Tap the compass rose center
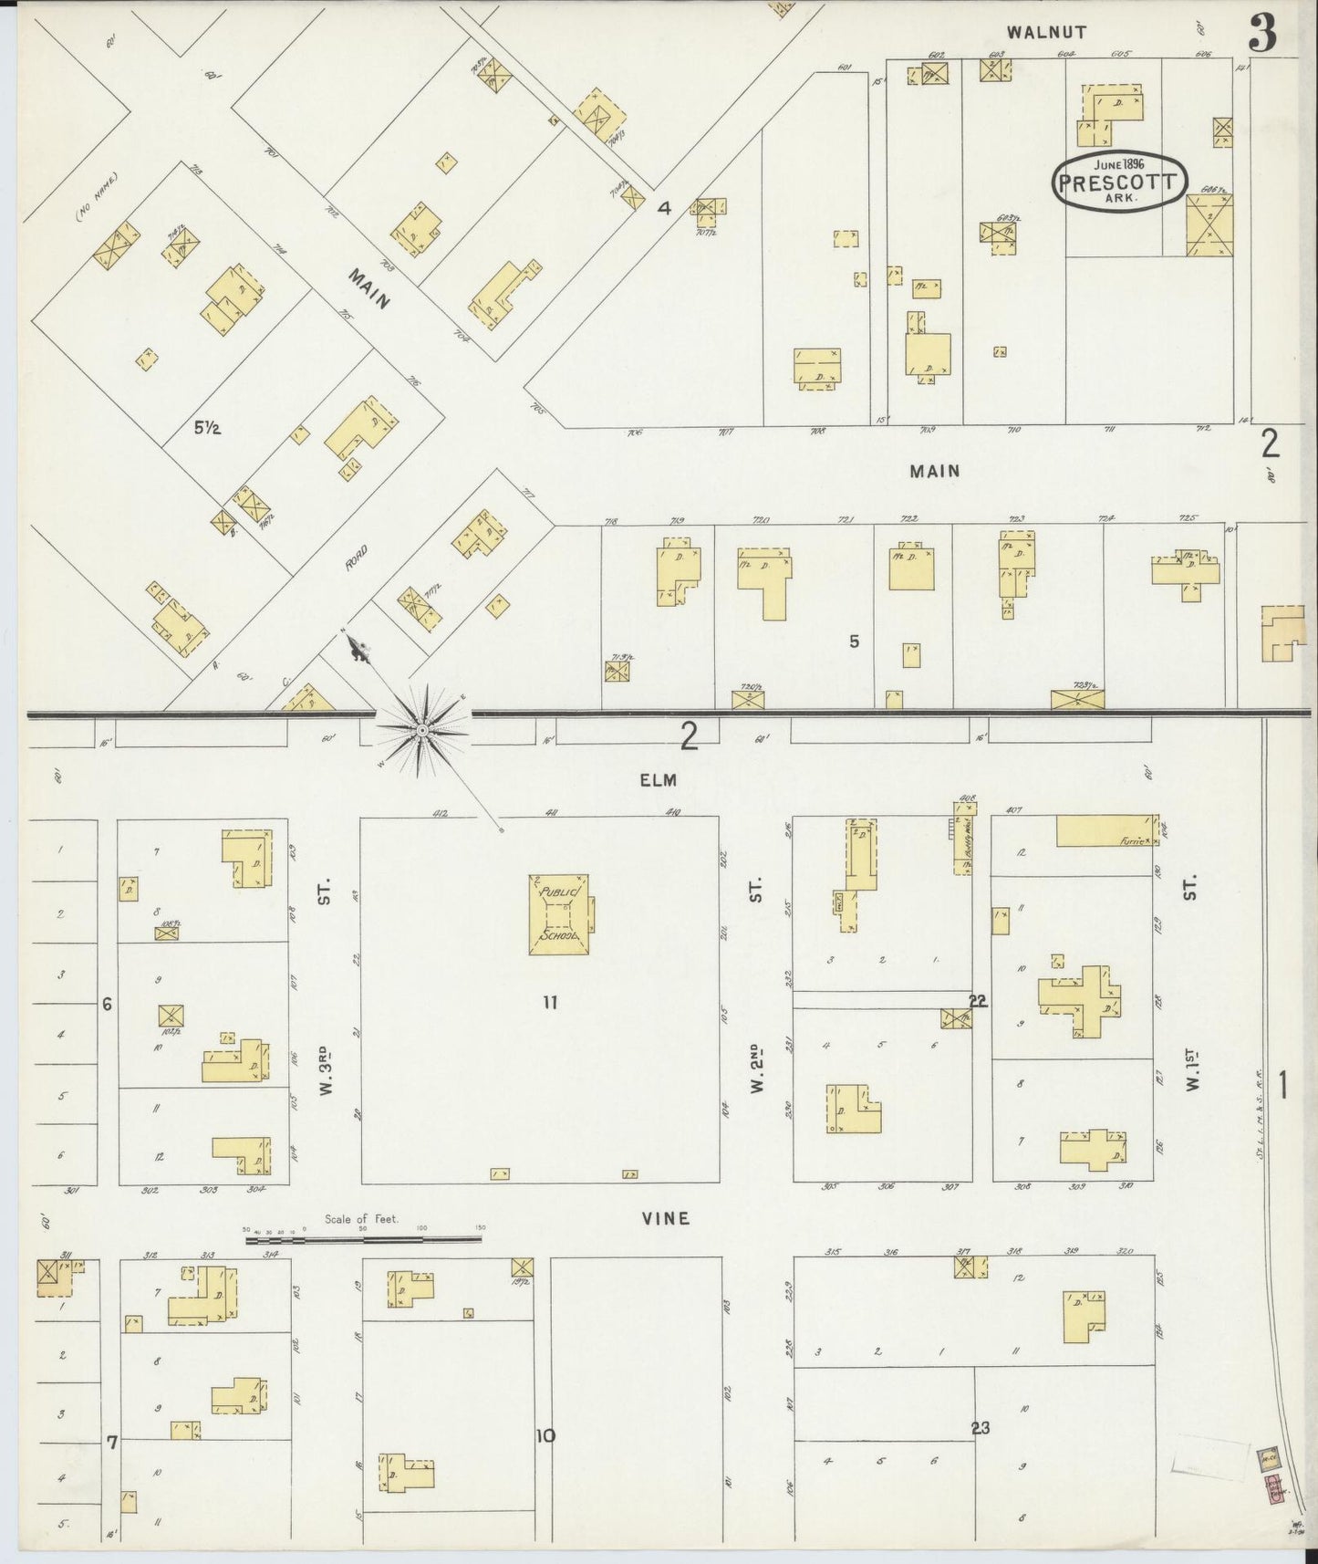422,731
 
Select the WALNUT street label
1046,32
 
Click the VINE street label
664,1218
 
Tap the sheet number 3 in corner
1263,34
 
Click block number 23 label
981,1428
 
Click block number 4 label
664,208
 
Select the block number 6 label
107,1005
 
